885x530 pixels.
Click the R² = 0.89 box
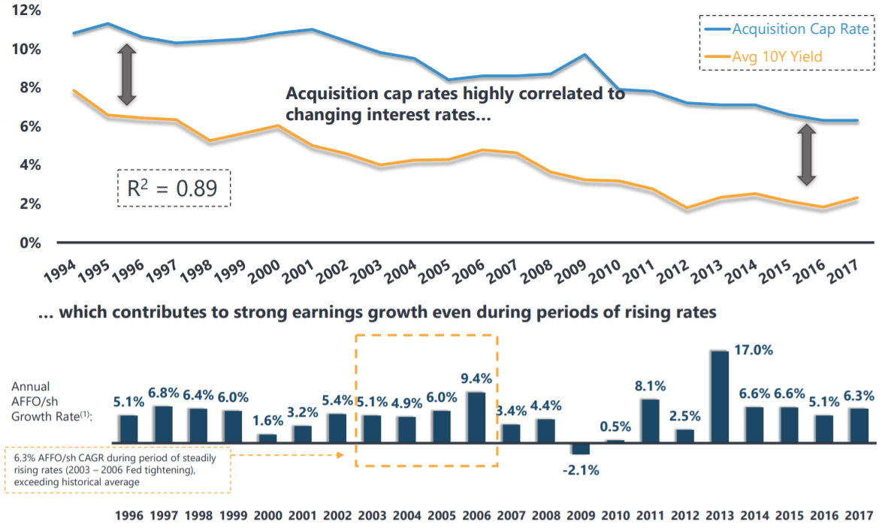174,188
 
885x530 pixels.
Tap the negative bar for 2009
580,449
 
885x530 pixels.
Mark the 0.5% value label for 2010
615,427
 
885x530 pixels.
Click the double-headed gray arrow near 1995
127,74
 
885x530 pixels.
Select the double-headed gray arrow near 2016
807,155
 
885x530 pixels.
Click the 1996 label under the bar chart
129,516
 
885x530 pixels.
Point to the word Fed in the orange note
131,469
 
